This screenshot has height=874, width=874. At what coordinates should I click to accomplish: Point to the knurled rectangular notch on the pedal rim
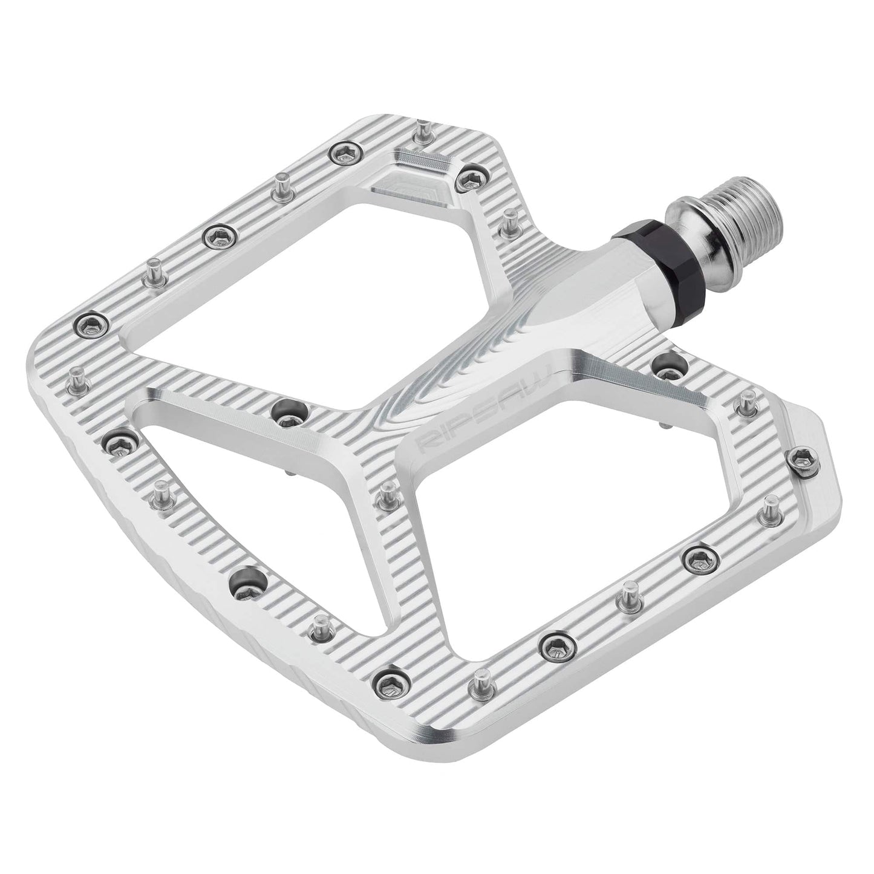click(423, 161)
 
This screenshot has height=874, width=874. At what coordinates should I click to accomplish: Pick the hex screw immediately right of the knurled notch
click(466, 176)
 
